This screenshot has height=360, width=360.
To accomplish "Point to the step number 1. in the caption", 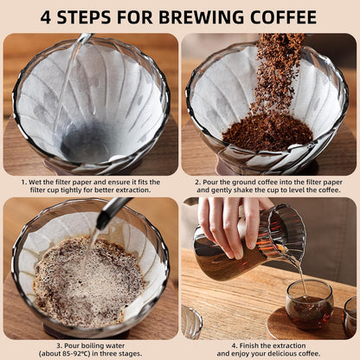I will (23, 183).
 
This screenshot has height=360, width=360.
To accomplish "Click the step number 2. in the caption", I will (197, 183).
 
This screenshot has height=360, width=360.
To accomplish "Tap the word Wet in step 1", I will (35, 183).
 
